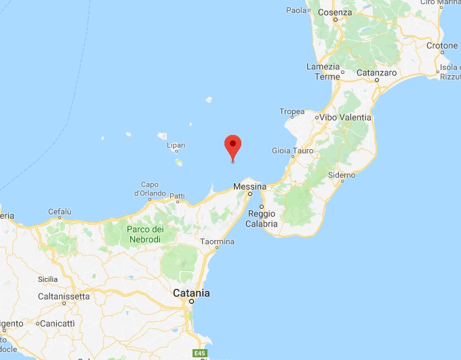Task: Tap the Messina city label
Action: [248, 186]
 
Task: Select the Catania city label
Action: [191, 293]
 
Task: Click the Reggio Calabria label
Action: [261, 219]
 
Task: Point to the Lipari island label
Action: [176, 146]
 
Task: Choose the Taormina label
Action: [218, 242]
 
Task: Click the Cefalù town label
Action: [60, 212]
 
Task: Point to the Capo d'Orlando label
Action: [150, 189]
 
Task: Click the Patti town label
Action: [177, 197]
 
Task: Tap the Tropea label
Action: [292, 111]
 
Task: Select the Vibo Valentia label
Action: [346, 117]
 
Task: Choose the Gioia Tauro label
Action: [292, 151]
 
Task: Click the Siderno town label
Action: [341, 175]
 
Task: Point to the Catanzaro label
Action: [373, 72]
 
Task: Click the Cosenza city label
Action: [337, 12]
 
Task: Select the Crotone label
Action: [442, 46]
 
